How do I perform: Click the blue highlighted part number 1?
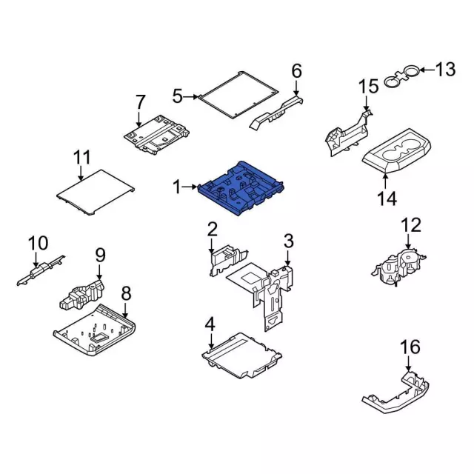pos(240,188)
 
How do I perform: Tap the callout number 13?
pos(445,70)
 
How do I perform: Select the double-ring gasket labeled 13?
pos(401,76)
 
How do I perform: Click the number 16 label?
pos(410,347)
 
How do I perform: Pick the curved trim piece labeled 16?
pos(396,393)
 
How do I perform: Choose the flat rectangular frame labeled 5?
pos(238,95)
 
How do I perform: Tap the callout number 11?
pos(82,158)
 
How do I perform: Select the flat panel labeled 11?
pos(96,192)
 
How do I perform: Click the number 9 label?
pos(101,255)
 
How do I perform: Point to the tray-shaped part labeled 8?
pos(94,330)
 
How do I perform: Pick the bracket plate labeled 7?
pos(156,135)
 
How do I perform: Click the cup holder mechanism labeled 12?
pos(398,267)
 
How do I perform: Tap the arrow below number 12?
pos(408,241)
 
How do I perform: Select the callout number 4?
pos(210,324)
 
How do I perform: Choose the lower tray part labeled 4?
pos(241,355)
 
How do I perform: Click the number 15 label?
pos(369,86)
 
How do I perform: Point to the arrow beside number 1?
pos(190,187)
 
